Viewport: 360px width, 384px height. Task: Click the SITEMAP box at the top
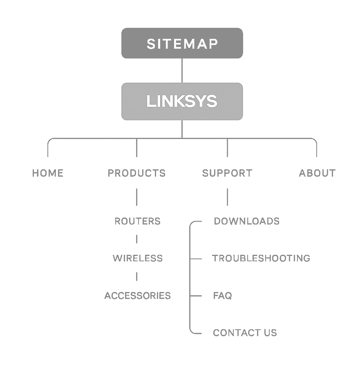coord(182,43)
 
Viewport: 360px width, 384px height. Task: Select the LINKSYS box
coord(182,101)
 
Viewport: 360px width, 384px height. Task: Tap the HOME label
coord(48,173)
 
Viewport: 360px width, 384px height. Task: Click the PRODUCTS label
coord(136,173)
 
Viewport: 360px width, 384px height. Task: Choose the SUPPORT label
coord(227,173)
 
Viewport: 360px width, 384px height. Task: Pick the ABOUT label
coord(317,173)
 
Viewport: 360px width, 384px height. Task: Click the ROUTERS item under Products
coord(137,221)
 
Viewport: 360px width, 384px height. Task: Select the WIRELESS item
coord(138,258)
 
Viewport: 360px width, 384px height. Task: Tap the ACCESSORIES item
coord(137,296)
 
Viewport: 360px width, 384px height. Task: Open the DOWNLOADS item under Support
coord(247,221)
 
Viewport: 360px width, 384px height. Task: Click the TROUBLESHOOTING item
coord(261,258)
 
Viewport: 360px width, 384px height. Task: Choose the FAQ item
coord(222,296)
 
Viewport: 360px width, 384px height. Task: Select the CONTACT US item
coord(245,333)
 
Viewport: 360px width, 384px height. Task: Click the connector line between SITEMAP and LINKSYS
coord(182,70)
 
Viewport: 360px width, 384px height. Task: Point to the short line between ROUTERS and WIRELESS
coord(136,239)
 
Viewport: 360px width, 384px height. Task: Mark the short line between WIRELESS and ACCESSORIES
coord(136,276)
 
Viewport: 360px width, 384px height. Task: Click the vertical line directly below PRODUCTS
coord(136,197)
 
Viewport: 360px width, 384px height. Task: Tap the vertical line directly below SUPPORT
coord(227,197)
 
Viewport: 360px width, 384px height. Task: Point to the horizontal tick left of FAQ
coord(196,296)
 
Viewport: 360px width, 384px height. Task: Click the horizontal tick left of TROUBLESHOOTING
coord(196,258)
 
